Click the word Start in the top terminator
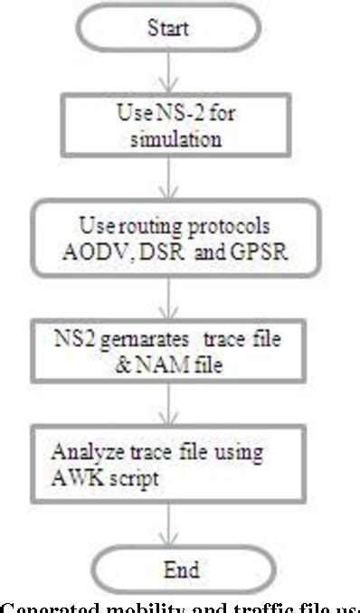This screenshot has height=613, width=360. [x=168, y=28]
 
